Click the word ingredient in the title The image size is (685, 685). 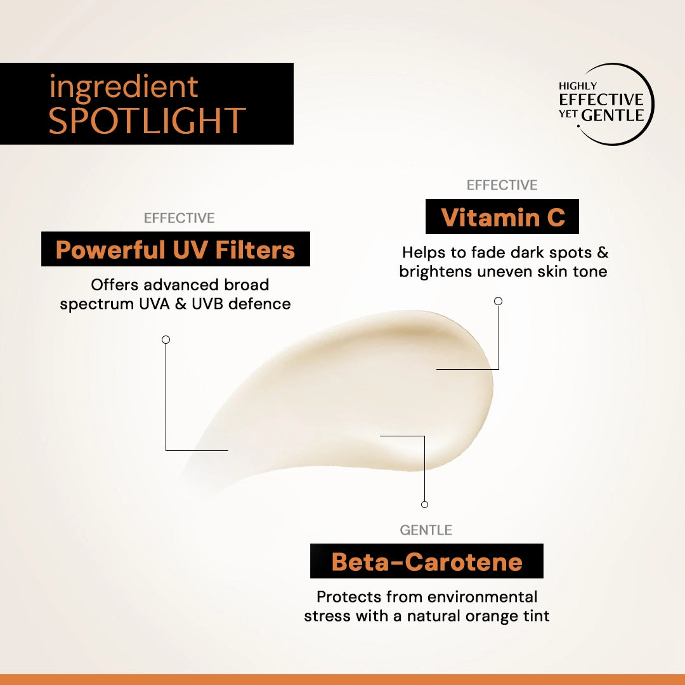[x=124, y=88]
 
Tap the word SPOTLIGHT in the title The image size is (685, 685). [x=147, y=121]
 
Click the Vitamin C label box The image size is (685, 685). [x=502, y=218]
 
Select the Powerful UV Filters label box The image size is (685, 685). [x=175, y=249]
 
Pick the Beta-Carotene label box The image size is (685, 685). [x=426, y=561]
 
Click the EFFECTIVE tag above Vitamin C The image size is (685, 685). [x=502, y=185]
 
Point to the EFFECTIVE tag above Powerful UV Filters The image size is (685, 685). [x=179, y=218]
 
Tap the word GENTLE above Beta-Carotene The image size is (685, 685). [x=426, y=530]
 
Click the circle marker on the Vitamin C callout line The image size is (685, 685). [x=498, y=301]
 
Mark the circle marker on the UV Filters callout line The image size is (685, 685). [x=166, y=340]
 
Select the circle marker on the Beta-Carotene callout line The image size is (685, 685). [x=424, y=504]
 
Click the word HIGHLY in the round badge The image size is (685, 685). [x=577, y=86]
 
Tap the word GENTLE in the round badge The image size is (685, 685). [x=613, y=115]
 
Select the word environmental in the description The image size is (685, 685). [x=483, y=597]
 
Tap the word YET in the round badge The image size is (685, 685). [x=568, y=116]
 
